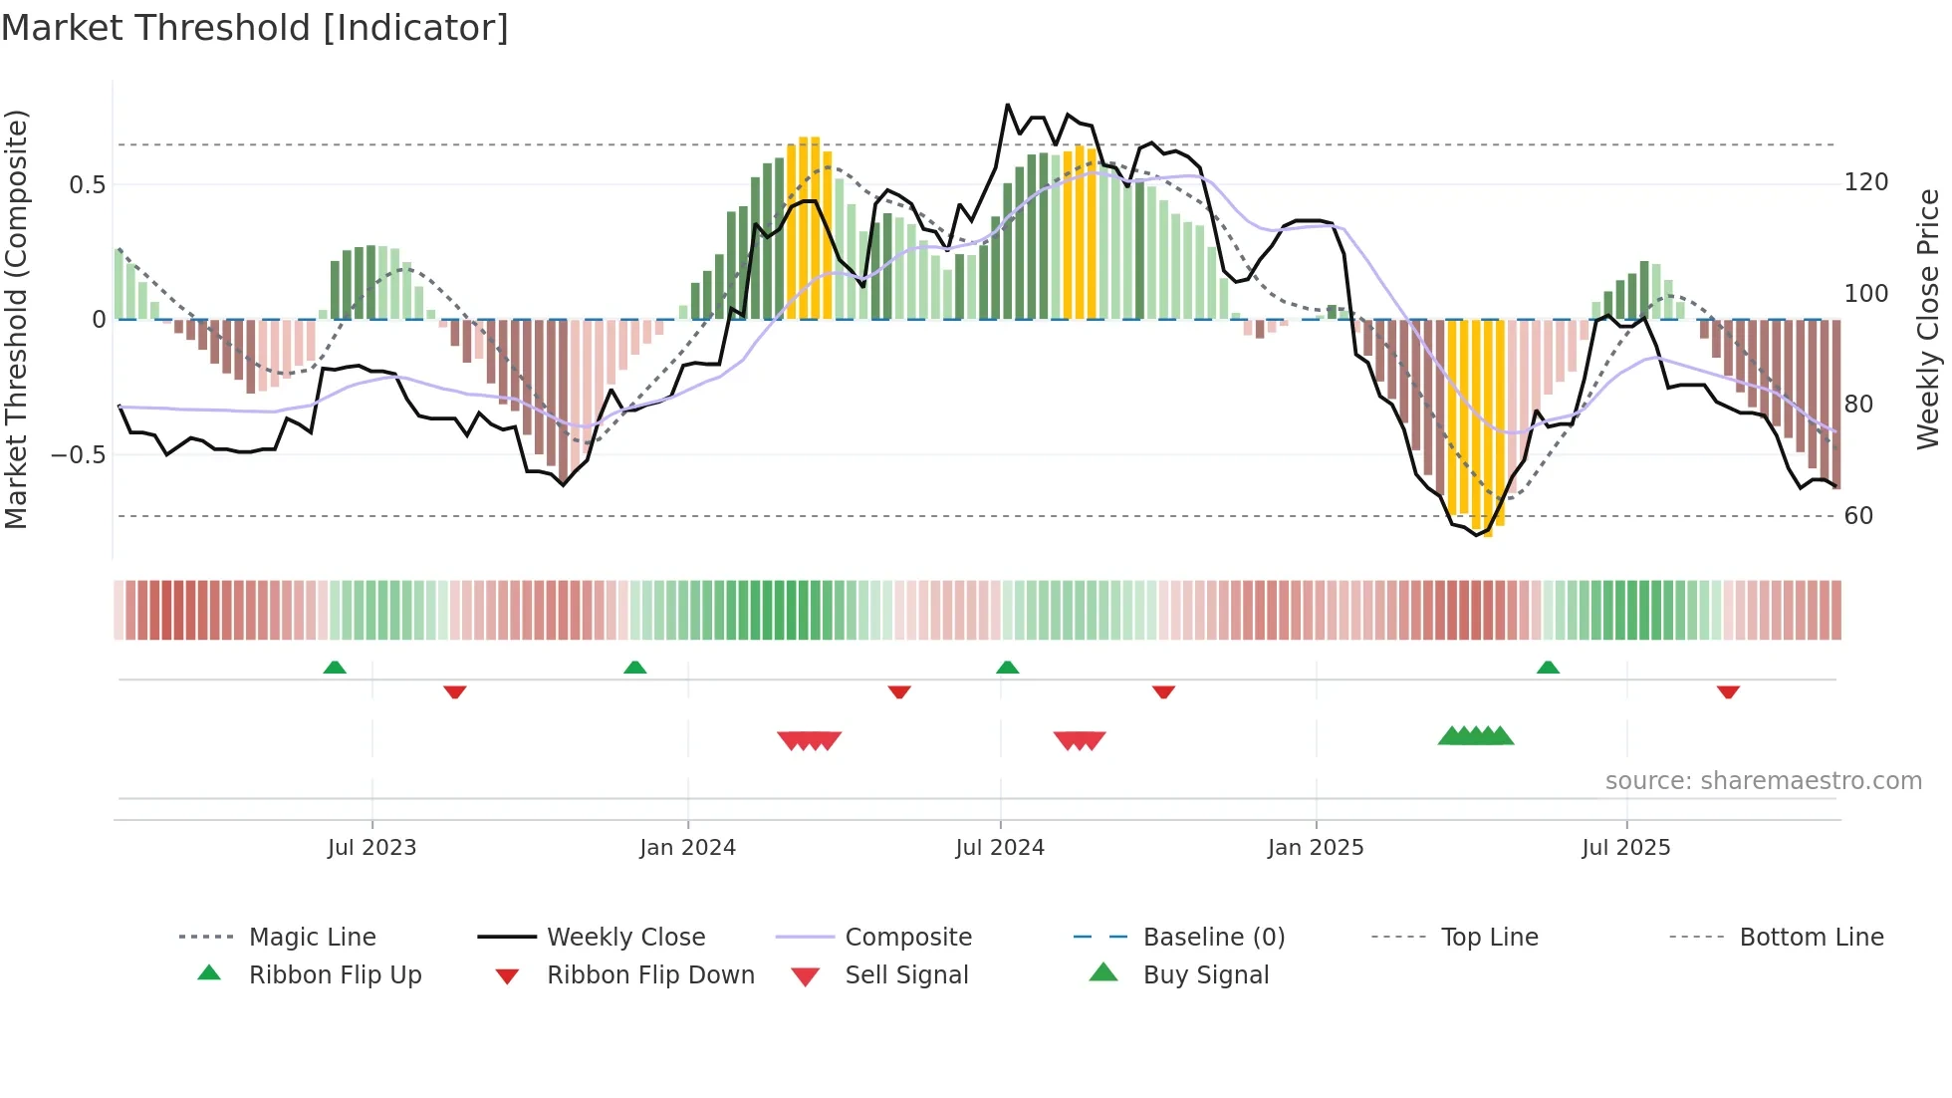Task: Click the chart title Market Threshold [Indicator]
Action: pyautogui.click(x=255, y=28)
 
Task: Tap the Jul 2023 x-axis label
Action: pyautogui.click(x=371, y=848)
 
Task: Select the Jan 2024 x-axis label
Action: pyautogui.click(x=687, y=848)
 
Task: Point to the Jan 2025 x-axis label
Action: pyautogui.click(x=1316, y=848)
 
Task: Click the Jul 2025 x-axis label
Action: pyautogui.click(x=1626, y=848)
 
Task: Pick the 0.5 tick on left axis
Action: pyautogui.click(x=88, y=185)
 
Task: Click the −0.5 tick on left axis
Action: pyautogui.click(x=80, y=455)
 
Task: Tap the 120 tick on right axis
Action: pyautogui.click(x=1866, y=182)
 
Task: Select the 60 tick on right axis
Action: pyautogui.click(x=1858, y=516)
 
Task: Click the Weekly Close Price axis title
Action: pyautogui.click(x=1928, y=319)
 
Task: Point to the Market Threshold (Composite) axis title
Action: pyautogui.click(x=17, y=319)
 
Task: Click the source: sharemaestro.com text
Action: pyautogui.click(x=1763, y=781)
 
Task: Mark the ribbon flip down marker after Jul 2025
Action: pyautogui.click(x=1728, y=691)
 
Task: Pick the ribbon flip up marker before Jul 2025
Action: pyautogui.click(x=1548, y=668)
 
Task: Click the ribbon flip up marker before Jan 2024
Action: pyautogui.click(x=634, y=668)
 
